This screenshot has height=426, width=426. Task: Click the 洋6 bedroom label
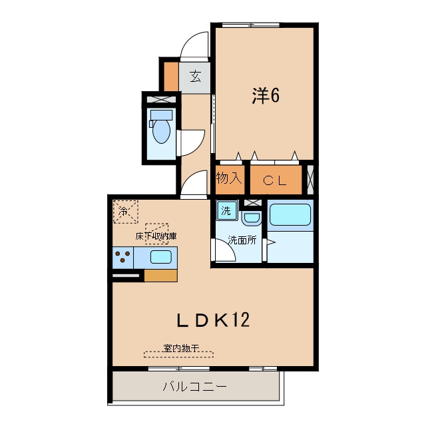(x=266, y=96)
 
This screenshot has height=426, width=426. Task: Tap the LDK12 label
(x=213, y=319)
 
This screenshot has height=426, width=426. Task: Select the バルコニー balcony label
(x=194, y=386)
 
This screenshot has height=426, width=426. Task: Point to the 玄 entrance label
(x=195, y=77)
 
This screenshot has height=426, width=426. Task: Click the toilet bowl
(x=161, y=127)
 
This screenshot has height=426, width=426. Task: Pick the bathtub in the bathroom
(x=290, y=214)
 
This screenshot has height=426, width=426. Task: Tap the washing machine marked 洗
(x=226, y=210)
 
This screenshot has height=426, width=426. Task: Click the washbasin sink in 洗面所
(x=252, y=218)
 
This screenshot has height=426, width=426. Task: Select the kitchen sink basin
(x=161, y=257)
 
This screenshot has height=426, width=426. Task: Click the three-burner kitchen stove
(x=122, y=258)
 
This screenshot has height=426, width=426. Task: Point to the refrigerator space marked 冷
(x=126, y=212)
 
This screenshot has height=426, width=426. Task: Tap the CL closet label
(x=275, y=180)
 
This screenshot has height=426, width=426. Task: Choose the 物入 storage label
(x=229, y=178)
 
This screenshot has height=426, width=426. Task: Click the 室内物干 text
(x=181, y=348)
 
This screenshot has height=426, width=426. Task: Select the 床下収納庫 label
(x=156, y=236)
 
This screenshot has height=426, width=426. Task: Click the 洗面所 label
(x=242, y=240)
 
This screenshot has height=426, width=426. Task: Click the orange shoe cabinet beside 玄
(x=171, y=77)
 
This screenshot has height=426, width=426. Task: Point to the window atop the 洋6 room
(x=251, y=25)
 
